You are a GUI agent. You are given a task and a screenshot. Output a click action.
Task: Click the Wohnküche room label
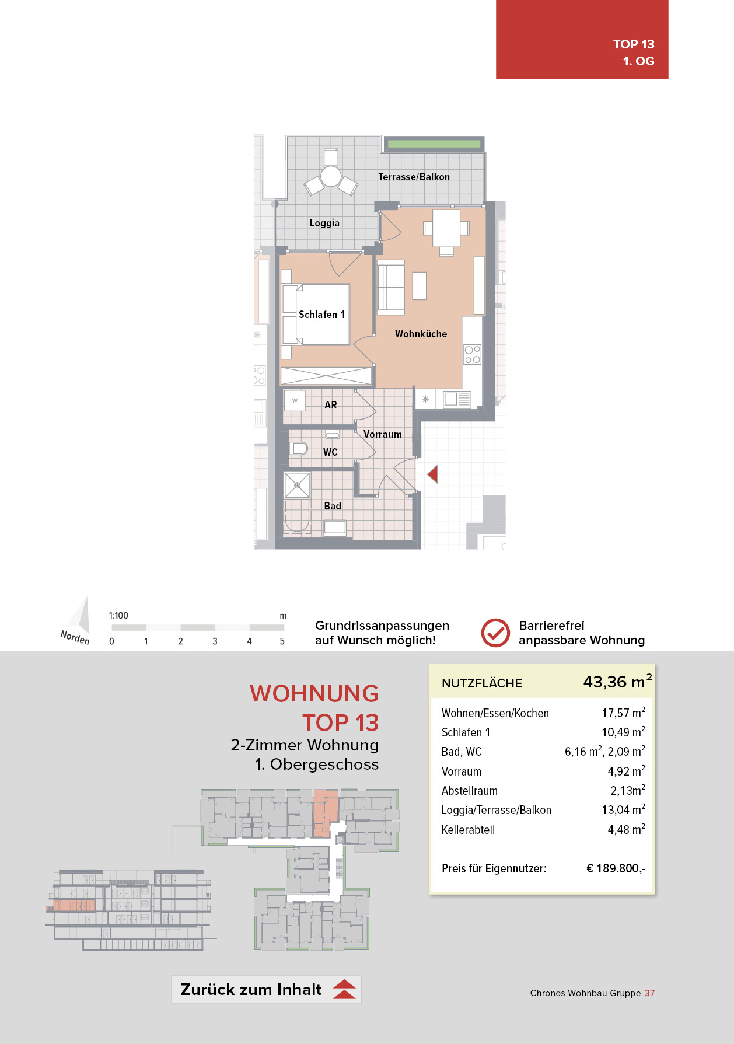[421, 334]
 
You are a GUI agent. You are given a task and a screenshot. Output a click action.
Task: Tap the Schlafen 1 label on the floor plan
[322, 315]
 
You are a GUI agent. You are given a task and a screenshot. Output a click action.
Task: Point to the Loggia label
[324, 223]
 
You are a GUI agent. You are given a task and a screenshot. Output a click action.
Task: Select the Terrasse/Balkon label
[414, 177]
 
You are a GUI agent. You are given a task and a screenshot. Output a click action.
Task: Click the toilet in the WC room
[299, 449]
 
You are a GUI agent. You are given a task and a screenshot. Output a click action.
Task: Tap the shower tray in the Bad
[297, 485]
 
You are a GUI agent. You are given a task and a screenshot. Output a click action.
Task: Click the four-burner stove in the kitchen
[473, 355]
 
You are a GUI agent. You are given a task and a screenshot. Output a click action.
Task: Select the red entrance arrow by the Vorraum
[432, 474]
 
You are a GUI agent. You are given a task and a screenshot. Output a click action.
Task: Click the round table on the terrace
[331, 176]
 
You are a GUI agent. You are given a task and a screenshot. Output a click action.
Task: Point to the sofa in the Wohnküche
[391, 288]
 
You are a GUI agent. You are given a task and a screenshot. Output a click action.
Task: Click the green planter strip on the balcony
[433, 144]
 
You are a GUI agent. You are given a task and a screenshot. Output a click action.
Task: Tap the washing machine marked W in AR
[295, 400]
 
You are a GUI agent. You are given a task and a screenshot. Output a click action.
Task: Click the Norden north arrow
[79, 618]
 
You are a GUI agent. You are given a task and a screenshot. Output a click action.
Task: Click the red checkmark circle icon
[495, 633]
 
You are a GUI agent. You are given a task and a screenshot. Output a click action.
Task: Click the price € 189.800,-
[616, 868]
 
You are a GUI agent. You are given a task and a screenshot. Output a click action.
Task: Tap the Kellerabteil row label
[468, 830]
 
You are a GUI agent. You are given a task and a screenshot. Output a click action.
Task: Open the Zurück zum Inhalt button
[266, 990]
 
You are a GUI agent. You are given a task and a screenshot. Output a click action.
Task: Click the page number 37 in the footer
[649, 993]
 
